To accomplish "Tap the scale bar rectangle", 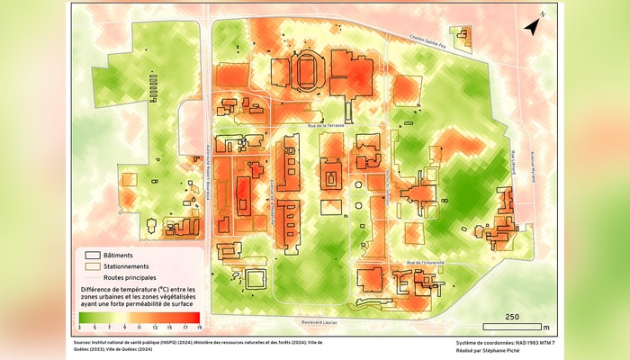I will [x=512, y=326].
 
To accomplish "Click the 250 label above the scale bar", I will [x=512, y=317].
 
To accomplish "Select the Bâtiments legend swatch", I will [x=92, y=255].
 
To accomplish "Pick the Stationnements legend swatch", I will [x=92, y=266].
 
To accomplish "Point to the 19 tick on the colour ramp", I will [x=198, y=326].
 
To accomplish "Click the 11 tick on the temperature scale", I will [x=139, y=326].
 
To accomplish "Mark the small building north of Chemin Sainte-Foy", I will [x=463, y=37].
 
